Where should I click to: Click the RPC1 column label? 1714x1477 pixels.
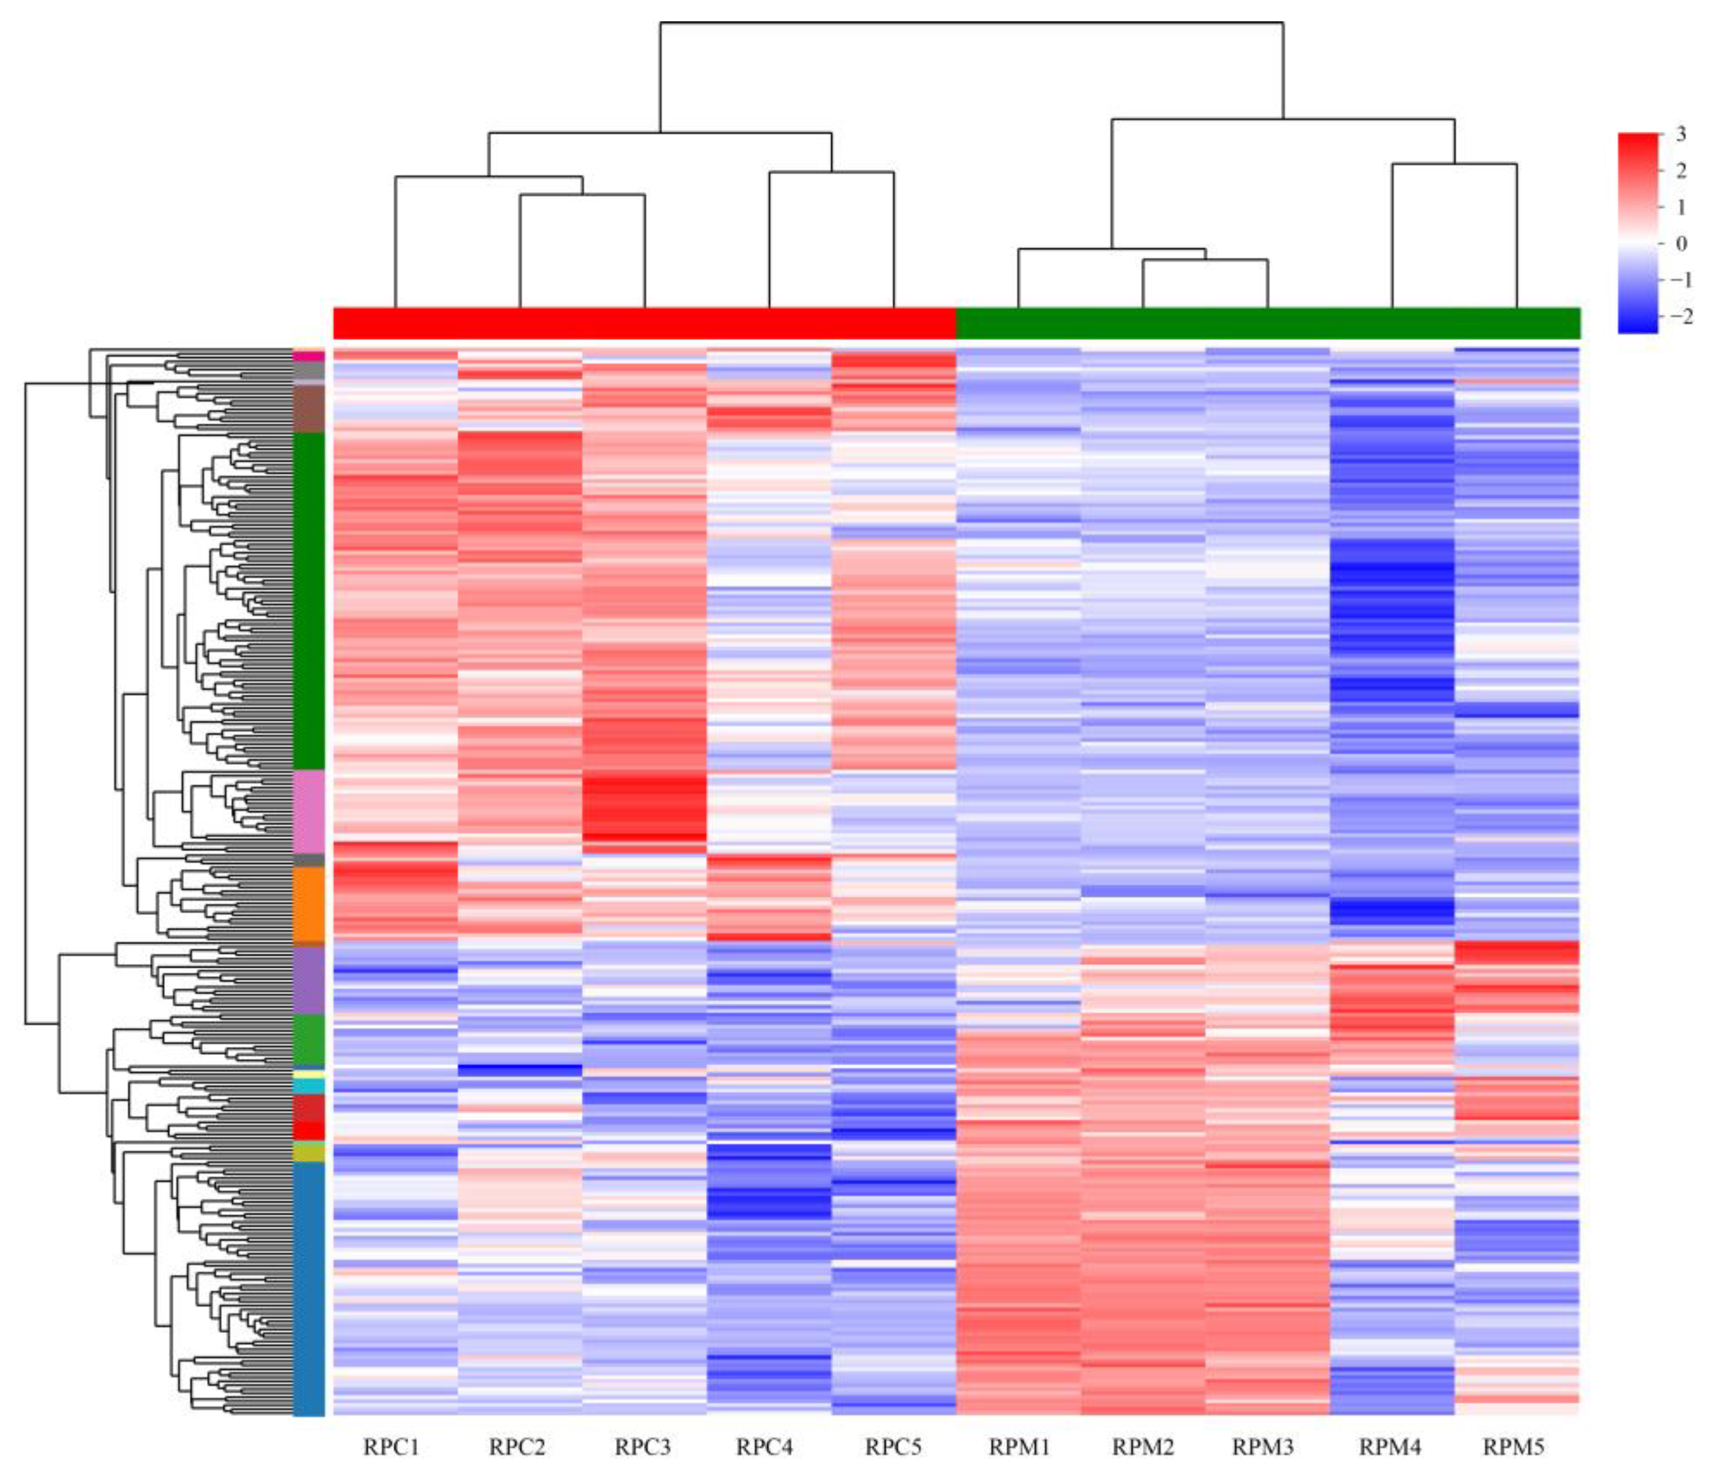pos(391,1447)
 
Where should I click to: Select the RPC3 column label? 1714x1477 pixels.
pos(643,1447)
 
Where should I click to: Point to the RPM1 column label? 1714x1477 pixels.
pos(1019,1447)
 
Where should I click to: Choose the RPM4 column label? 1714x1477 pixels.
pos(1391,1447)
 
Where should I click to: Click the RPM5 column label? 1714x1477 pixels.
pos(1514,1447)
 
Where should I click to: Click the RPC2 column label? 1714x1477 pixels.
pos(517,1447)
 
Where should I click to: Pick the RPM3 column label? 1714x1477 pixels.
pos(1263,1447)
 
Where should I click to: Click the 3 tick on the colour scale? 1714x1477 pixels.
pos(1680,135)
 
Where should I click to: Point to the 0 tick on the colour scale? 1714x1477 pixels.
pos(1680,244)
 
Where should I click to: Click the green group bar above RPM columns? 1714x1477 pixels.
pos(1268,323)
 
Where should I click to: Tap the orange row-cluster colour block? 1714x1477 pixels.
pos(308,903)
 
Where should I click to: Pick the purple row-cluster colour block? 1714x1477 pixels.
pos(308,980)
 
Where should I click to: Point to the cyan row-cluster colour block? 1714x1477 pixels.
pos(308,1085)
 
